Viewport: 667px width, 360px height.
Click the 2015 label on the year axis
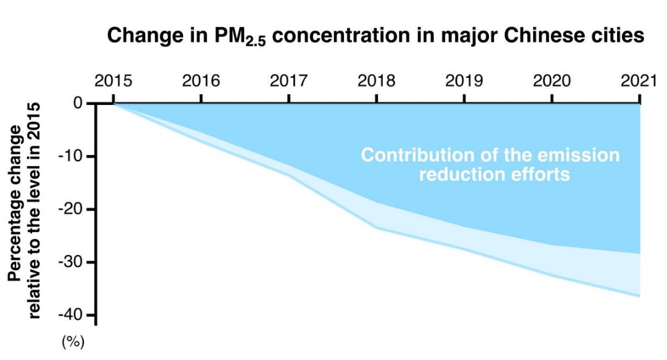113,80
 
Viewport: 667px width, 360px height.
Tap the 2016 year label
201,80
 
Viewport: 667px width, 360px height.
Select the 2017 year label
288,80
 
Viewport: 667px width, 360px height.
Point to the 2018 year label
376,80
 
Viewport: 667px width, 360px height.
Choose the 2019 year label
464,80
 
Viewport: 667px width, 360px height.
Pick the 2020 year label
552,80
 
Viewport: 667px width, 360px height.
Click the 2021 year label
639,80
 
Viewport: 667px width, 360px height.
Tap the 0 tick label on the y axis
78,103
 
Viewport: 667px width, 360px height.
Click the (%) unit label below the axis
73,341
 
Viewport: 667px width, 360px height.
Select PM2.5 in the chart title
240,36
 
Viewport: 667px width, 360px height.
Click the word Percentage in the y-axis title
14,203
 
